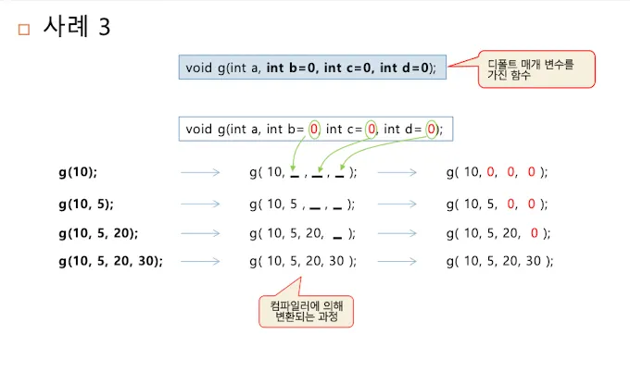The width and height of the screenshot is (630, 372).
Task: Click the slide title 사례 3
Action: point(77,27)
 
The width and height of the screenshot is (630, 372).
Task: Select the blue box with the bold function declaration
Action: point(312,68)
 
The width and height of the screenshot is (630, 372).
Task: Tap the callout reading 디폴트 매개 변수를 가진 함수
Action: point(535,69)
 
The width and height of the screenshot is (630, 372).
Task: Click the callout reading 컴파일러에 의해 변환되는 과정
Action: point(307,311)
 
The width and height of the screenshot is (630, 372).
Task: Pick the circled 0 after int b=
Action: point(315,130)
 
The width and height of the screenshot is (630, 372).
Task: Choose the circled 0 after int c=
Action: point(372,130)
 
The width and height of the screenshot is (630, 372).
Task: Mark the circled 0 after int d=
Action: point(432,130)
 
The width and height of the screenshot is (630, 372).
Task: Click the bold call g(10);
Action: point(77,172)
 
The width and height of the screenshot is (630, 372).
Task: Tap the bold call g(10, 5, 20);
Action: point(98,232)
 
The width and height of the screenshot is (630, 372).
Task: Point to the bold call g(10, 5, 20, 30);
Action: point(109,261)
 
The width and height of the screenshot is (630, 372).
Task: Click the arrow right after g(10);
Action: point(200,172)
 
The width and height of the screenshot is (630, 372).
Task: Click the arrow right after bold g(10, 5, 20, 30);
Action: point(200,261)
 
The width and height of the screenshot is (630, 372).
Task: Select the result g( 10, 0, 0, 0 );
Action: point(498,172)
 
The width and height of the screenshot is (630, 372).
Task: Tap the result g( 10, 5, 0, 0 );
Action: point(498,204)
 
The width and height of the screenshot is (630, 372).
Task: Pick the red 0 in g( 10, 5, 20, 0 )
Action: point(535,232)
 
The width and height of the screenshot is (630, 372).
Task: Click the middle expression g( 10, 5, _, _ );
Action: point(302,204)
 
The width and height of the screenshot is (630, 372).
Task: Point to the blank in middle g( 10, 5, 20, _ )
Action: point(337,235)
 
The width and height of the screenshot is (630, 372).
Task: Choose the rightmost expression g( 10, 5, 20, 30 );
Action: point(498,261)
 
